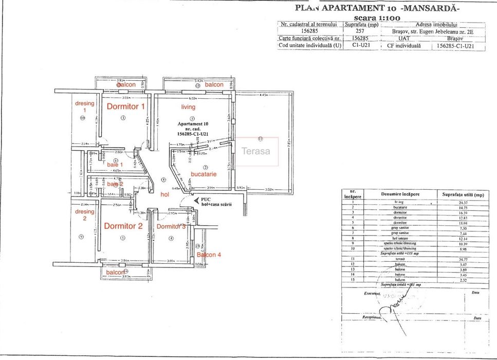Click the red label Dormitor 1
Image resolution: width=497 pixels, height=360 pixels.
(125, 106)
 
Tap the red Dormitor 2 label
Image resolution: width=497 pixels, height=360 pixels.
(123, 225)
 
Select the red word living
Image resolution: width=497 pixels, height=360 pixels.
(188, 107)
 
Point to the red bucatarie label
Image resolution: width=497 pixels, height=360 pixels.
(204, 174)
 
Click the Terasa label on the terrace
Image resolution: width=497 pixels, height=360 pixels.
(256, 151)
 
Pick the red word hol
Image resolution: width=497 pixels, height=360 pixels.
(165, 194)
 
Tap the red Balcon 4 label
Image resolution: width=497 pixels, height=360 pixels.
(209, 255)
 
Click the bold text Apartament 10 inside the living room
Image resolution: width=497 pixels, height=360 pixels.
(193, 124)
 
